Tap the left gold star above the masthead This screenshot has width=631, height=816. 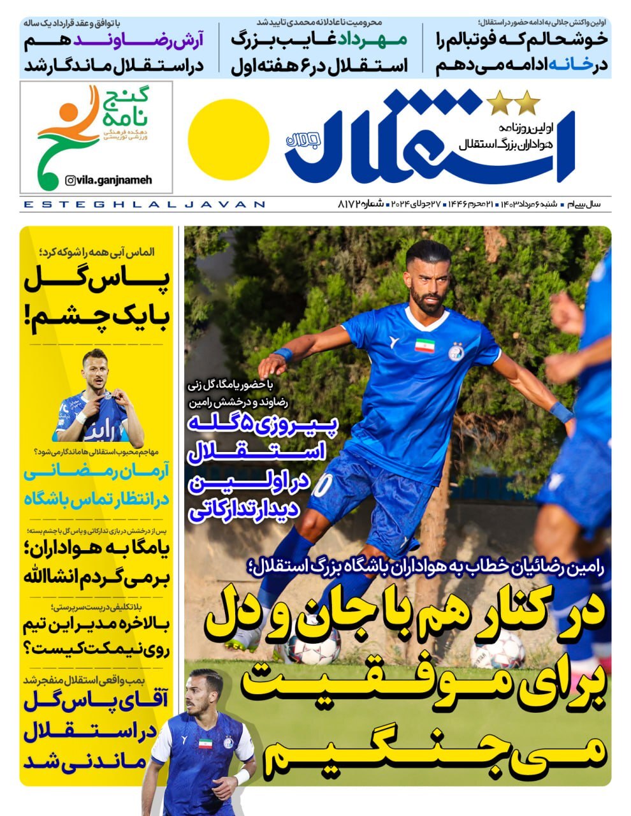click(x=498, y=103)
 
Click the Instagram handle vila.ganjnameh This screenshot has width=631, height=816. click(x=109, y=180)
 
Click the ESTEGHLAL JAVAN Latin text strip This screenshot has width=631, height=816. click(x=143, y=205)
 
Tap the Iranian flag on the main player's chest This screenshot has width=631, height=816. click(x=424, y=345)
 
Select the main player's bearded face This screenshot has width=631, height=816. click(x=428, y=280)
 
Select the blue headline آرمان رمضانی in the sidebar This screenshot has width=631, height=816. click(x=96, y=475)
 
